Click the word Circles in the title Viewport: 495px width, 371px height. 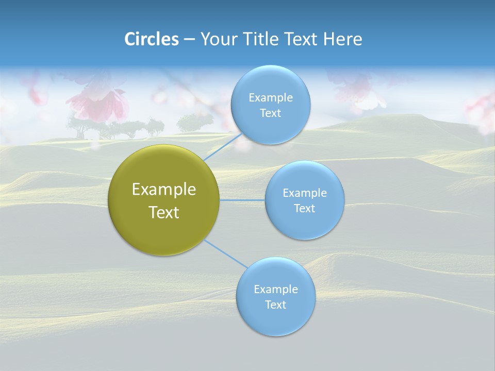(152, 39)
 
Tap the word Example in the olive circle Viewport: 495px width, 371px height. (164, 190)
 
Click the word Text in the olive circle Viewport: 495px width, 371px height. (164, 212)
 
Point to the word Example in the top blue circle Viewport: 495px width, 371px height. (271, 98)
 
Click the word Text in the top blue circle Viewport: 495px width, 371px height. (270, 113)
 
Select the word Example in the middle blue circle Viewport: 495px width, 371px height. (305, 193)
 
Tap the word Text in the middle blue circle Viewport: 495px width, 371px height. (305, 209)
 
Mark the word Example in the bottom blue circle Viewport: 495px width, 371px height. (276, 290)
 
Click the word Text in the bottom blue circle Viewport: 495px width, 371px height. (276, 305)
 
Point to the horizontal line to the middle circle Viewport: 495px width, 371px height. (242, 200)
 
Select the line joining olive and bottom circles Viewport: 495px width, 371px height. (226, 254)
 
